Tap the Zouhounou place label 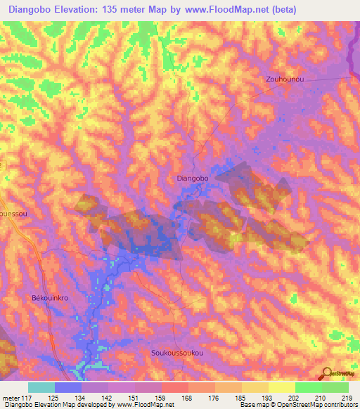tap(285, 79)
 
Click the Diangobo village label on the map tap(193, 179)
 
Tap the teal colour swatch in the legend tap(41, 387)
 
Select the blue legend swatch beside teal tap(68, 387)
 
